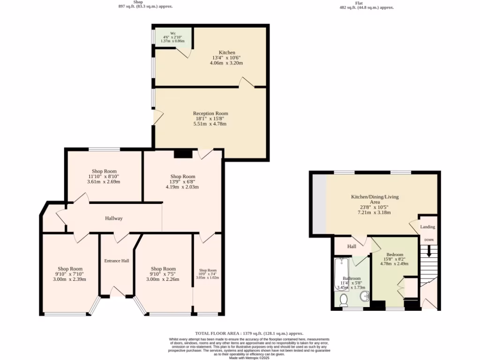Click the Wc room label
point(172,33)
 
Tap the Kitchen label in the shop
point(227,52)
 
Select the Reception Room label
point(210,113)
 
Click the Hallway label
point(113,218)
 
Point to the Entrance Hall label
point(116,261)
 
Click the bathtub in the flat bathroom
point(340,274)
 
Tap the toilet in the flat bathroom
point(344,299)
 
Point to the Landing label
point(427,227)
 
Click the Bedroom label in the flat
point(395,255)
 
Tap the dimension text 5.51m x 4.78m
point(210,124)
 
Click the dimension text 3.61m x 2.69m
point(104,181)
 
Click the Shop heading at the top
point(138,2)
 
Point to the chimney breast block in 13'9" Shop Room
point(183,153)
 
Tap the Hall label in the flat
point(352,246)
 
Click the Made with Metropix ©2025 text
point(249,358)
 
